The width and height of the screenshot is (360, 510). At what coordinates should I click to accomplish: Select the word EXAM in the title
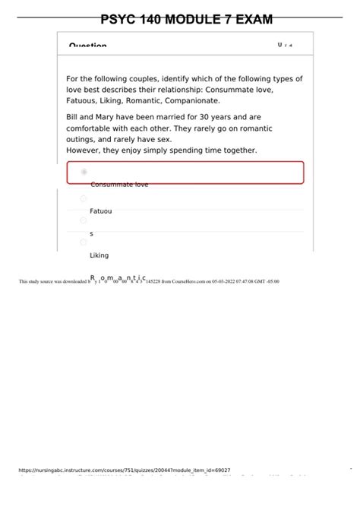tap(254, 20)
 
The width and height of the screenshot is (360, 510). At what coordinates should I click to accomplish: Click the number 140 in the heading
tap(156, 20)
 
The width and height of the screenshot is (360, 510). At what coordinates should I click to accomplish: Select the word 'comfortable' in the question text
tap(92, 129)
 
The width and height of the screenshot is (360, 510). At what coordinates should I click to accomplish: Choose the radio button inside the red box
tap(84, 173)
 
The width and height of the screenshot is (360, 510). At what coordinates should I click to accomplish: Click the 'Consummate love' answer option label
tap(119, 185)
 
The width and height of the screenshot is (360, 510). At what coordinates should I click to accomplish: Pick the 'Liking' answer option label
tap(99, 255)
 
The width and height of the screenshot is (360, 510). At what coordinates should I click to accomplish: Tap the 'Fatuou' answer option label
tap(101, 211)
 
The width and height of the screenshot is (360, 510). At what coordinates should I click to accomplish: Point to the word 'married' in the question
tap(169, 118)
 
